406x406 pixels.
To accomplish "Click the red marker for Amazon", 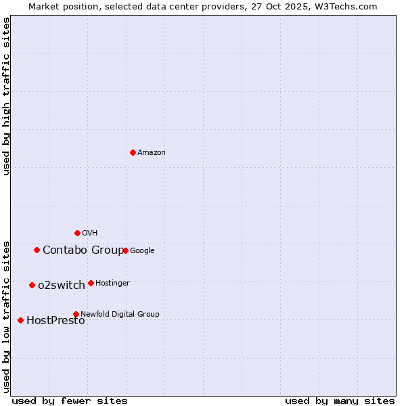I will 133,152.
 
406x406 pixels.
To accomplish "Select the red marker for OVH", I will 77,233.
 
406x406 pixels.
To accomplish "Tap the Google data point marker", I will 126,250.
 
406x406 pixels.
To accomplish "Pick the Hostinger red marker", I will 91,283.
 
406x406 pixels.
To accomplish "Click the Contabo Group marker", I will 37,250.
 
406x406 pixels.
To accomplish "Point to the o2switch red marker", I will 32,285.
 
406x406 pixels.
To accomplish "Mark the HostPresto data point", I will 20,320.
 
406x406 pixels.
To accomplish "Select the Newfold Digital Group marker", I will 76,314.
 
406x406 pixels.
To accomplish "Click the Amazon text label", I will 151,153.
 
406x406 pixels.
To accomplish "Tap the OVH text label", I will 89,233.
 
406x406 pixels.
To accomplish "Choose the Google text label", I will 142,251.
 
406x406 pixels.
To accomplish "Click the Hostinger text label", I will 112,283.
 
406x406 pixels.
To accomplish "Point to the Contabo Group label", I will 83,250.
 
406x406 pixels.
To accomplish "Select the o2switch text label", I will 62,286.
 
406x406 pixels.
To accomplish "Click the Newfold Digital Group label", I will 120,314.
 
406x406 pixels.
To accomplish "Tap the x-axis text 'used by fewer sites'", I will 70,401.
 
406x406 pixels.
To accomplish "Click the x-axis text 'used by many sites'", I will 340,401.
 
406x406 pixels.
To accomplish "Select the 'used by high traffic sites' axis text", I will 6,96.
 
